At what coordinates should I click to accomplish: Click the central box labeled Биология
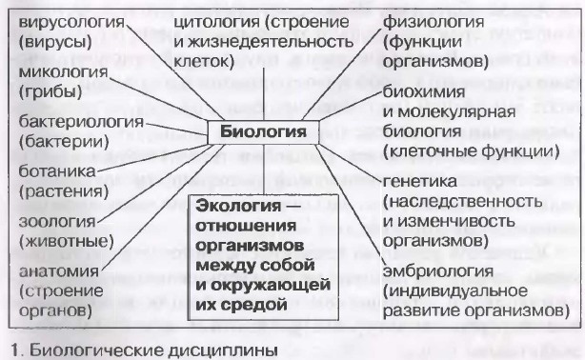click(263, 132)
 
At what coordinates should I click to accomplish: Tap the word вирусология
click(71, 23)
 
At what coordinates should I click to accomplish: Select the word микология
click(63, 71)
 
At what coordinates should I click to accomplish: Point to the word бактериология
click(81, 122)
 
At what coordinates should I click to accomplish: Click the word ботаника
click(57, 171)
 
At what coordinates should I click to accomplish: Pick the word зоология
click(57, 222)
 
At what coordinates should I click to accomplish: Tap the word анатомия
click(58, 270)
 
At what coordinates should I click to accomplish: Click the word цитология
click(217, 23)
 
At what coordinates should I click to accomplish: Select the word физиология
click(434, 23)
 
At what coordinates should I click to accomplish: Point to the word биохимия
click(424, 91)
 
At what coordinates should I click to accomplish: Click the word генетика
click(420, 181)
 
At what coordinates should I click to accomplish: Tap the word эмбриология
click(438, 271)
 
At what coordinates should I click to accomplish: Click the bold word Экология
click(238, 206)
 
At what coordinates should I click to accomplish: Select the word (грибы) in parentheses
click(50, 91)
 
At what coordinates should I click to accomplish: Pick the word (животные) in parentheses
click(66, 242)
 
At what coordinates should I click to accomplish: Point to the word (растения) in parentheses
click(64, 191)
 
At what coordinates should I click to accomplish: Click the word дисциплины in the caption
click(224, 350)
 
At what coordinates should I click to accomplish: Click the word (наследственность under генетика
click(463, 202)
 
